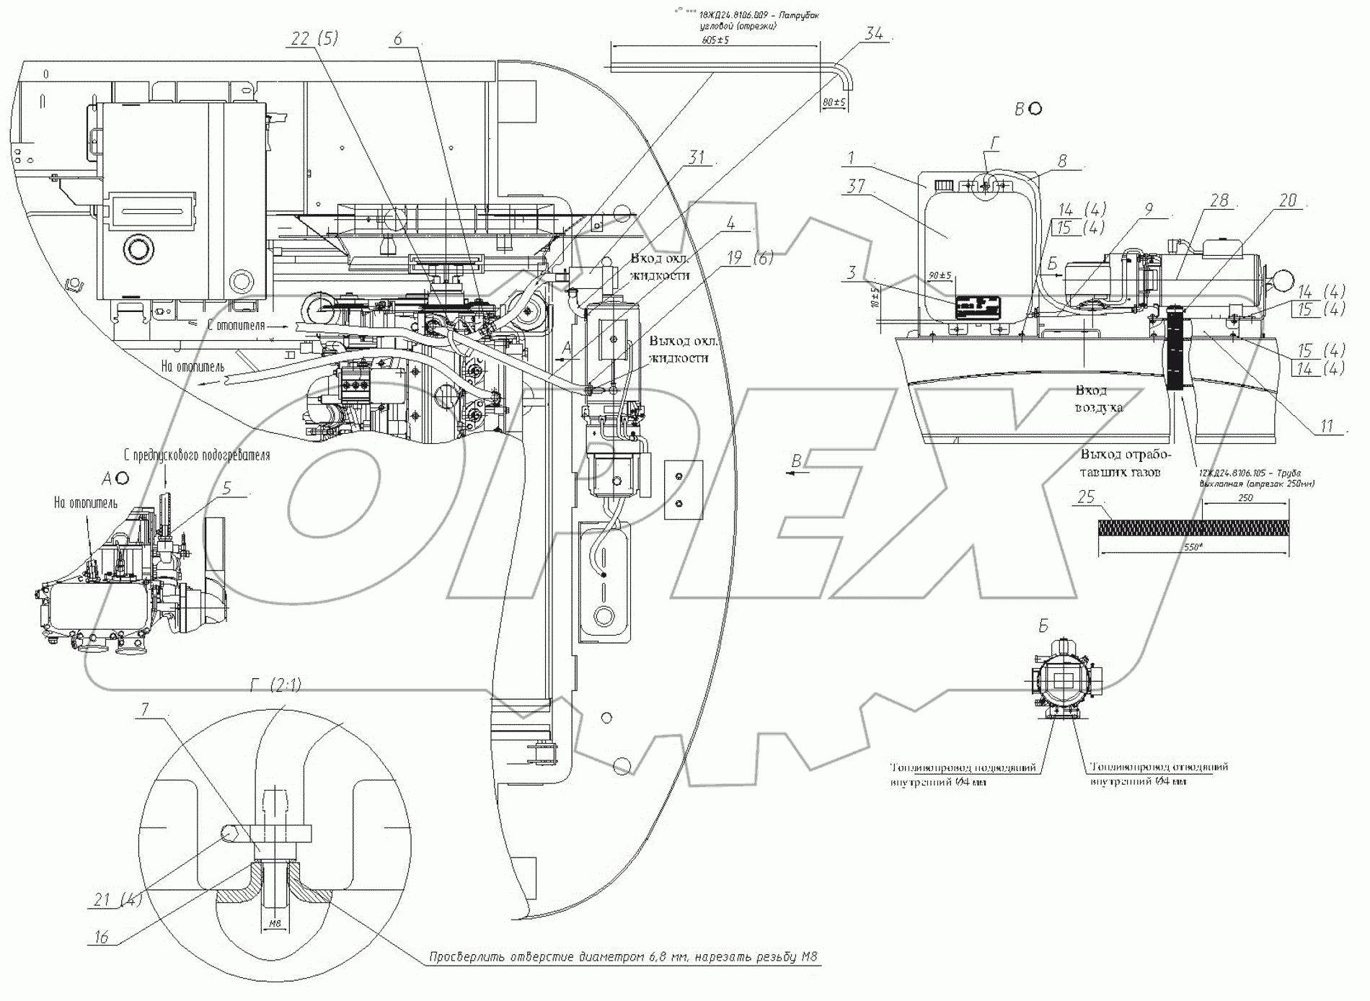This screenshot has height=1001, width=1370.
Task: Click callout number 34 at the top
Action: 874,33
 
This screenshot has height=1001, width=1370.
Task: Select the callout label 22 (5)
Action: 314,39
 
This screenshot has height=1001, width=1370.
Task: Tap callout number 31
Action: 696,157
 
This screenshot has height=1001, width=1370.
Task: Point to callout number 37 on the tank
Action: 855,187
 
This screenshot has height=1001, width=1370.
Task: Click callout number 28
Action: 1219,200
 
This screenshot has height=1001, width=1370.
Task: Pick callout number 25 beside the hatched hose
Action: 1086,497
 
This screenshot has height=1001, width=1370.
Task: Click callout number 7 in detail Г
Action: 145,711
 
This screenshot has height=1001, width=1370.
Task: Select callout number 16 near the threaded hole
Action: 101,937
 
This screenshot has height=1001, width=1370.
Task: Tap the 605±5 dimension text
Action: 715,40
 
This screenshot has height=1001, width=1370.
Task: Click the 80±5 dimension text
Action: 834,103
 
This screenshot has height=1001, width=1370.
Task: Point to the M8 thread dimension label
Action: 274,923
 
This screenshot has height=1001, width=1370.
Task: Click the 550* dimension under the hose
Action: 1193,548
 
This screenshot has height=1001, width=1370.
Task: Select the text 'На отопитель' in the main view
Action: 193,367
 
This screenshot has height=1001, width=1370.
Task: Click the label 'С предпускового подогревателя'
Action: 195,455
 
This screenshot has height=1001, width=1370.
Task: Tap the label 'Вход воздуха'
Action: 1099,399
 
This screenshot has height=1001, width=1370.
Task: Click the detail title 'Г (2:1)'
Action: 275,686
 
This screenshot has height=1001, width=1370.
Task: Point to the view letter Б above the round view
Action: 1043,626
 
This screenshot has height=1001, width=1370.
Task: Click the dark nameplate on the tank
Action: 978,308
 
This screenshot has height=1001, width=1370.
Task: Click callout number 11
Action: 1327,427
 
